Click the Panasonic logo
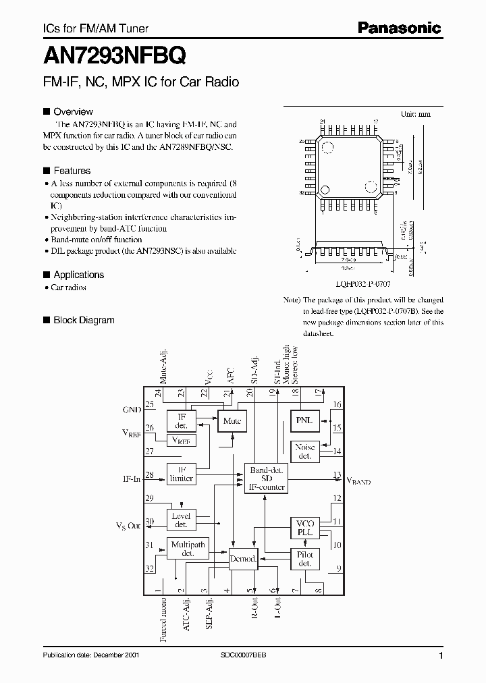click(x=399, y=28)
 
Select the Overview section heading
click(x=73, y=111)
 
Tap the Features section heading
click(x=72, y=171)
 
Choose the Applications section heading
click(x=78, y=275)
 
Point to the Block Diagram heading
click(x=84, y=320)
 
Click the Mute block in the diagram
click(x=231, y=420)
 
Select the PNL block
click(x=304, y=420)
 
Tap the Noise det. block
click(x=304, y=452)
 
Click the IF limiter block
click(x=181, y=474)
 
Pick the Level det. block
click(x=181, y=520)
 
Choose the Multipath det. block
click(x=188, y=549)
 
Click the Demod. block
click(x=243, y=559)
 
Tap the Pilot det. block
click(x=304, y=559)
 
